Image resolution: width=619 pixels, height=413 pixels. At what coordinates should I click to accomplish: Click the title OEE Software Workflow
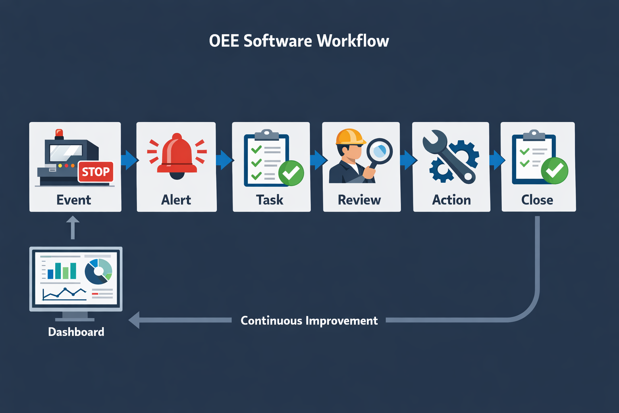[299, 41]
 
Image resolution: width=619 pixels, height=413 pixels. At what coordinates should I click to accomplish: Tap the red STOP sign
[96, 172]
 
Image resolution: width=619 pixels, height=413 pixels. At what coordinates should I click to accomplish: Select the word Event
[74, 200]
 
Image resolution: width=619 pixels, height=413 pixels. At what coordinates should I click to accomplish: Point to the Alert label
[176, 200]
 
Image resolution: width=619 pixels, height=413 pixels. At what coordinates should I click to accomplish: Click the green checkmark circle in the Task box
[291, 173]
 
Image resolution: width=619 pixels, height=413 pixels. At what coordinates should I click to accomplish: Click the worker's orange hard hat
[349, 137]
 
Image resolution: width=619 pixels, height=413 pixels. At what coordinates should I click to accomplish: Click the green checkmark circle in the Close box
[554, 171]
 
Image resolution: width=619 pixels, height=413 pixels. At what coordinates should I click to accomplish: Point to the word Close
[537, 200]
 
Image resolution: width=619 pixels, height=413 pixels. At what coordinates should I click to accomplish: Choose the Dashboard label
[76, 332]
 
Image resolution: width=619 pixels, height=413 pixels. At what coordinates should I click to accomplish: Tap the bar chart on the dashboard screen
[62, 271]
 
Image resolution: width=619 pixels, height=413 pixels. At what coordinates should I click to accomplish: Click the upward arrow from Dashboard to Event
[73, 227]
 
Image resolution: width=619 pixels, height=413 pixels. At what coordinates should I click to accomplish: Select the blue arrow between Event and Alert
[129, 160]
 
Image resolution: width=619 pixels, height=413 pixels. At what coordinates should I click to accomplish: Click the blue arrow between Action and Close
[496, 160]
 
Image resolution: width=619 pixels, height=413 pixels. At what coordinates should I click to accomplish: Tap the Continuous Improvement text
[309, 321]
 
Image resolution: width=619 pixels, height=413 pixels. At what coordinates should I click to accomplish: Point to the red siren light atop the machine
[59, 133]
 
